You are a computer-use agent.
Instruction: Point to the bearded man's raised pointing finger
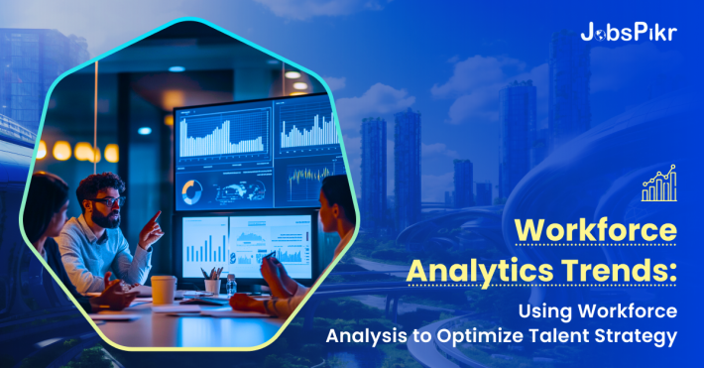(156, 216)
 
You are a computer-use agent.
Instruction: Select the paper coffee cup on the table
(164, 290)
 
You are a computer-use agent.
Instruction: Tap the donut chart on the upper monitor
(193, 190)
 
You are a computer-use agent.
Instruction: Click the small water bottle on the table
(230, 285)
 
